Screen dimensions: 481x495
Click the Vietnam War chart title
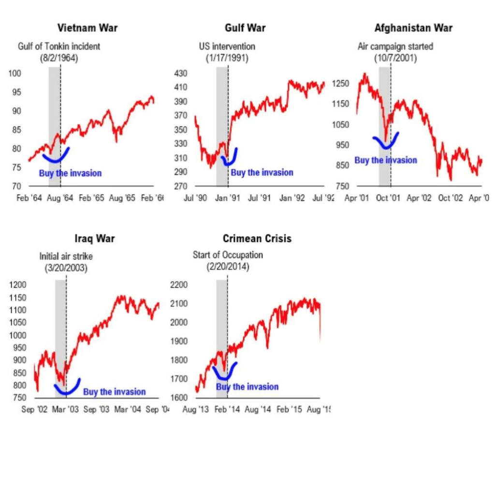(x=87, y=28)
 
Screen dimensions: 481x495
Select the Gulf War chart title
(x=245, y=28)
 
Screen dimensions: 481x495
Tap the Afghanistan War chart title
(x=413, y=28)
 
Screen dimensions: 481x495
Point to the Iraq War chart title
(x=95, y=239)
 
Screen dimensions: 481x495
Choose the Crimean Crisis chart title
(x=257, y=239)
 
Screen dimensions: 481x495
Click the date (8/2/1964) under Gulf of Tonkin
(x=59, y=58)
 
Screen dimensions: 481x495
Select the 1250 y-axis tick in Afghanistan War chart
(x=340, y=84)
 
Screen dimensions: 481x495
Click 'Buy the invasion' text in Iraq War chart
(x=114, y=392)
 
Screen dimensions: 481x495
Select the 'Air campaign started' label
(x=395, y=47)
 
